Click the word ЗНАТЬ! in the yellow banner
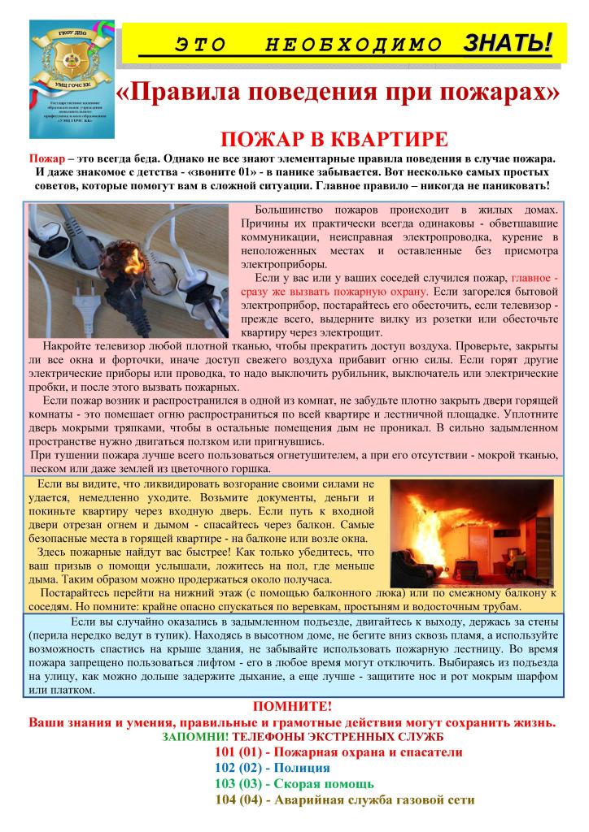(508, 42)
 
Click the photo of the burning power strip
(130, 270)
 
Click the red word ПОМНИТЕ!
(292, 708)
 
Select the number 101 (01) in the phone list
(238, 752)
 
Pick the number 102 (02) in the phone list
(238, 768)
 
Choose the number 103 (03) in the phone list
(238, 784)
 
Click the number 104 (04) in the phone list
(238, 800)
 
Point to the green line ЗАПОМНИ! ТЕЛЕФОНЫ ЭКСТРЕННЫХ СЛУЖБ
(292, 737)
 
